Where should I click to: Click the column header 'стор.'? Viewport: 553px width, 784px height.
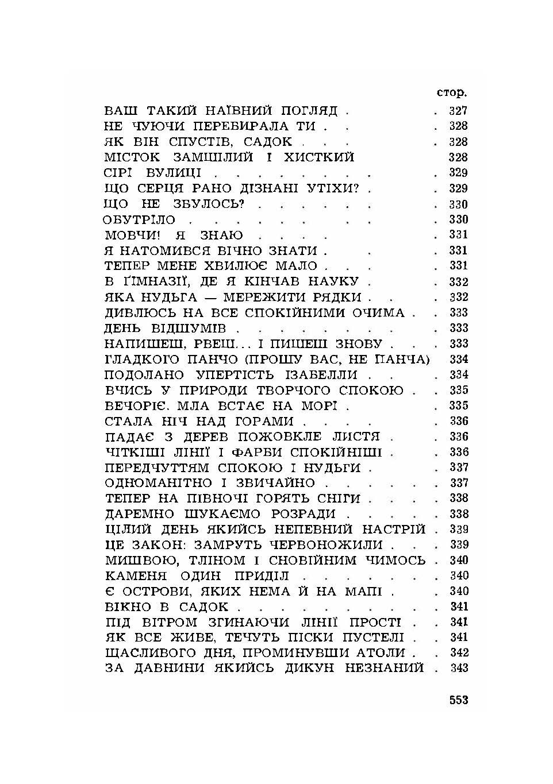tap(451, 93)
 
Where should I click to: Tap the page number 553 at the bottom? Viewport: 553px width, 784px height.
tap(459, 700)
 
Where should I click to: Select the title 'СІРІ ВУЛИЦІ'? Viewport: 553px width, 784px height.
tap(153, 173)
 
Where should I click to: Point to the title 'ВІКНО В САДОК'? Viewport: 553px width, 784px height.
tap(167, 607)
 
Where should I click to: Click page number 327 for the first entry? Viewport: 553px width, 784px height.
tap(458, 111)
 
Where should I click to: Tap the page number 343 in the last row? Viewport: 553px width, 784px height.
tap(459, 668)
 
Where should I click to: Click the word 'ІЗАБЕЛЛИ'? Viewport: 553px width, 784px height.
tap(324, 375)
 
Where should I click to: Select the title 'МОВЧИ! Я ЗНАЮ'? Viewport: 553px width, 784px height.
tap(174, 235)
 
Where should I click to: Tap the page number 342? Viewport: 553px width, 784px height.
tap(459, 653)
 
